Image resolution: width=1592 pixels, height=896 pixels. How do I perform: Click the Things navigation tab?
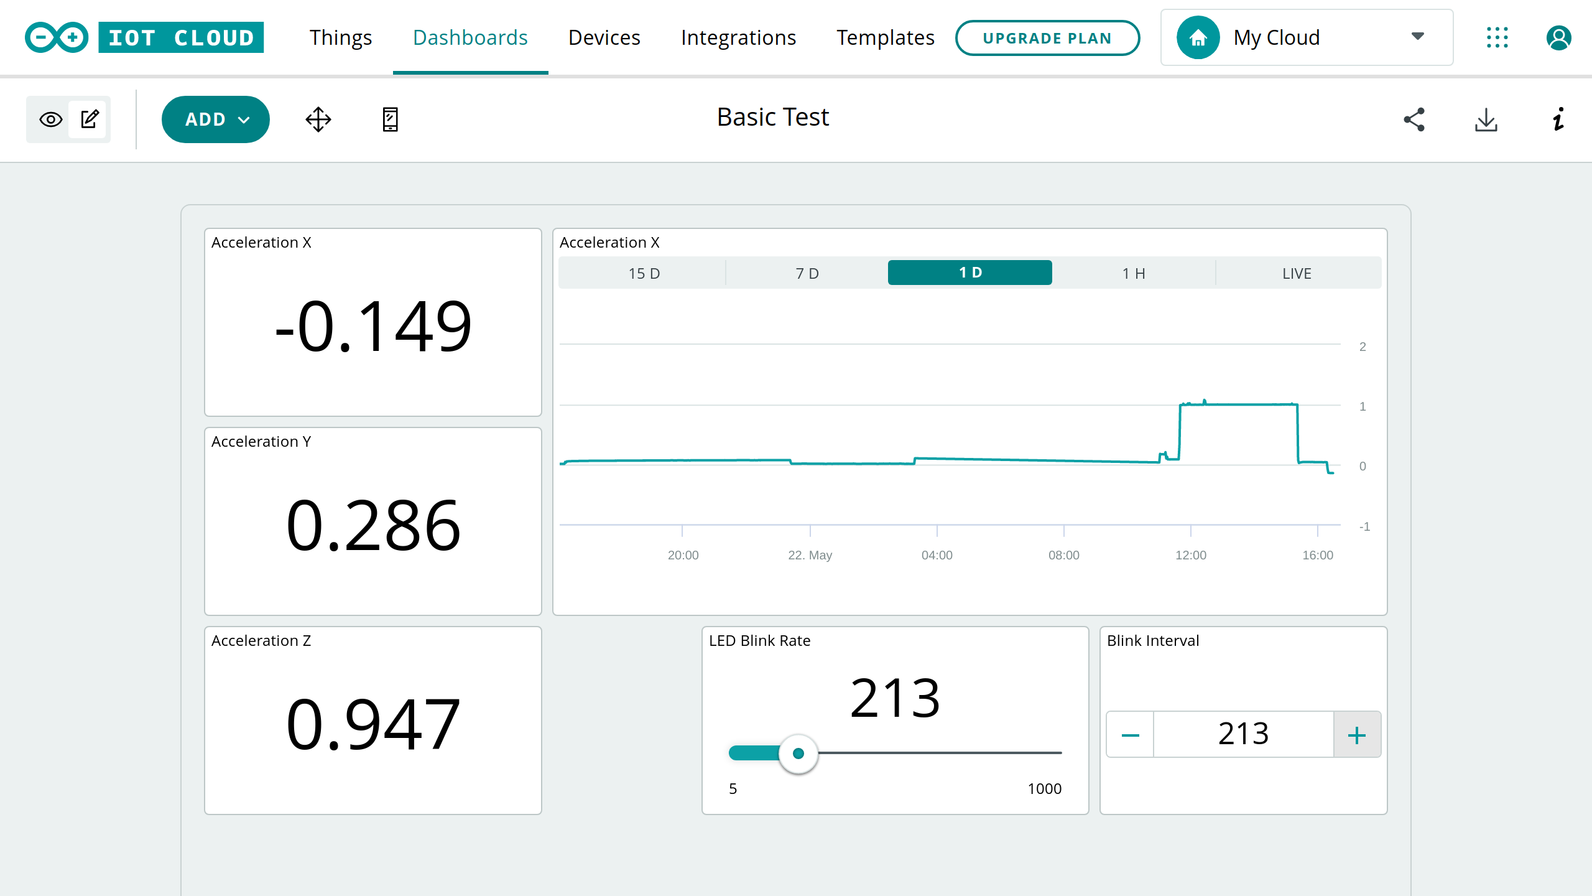pyautogui.click(x=341, y=37)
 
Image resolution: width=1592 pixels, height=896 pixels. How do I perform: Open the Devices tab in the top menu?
pyautogui.click(x=604, y=37)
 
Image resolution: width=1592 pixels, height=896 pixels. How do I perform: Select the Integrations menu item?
pyautogui.click(x=738, y=37)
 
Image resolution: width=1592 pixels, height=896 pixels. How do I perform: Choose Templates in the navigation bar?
pyautogui.click(x=885, y=37)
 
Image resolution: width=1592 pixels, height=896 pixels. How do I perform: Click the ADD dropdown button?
pyautogui.click(x=215, y=119)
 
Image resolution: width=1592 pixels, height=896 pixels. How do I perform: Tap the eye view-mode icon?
pyautogui.click(x=51, y=119)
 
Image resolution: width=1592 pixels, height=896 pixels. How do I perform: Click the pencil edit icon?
pyautogui.click(x=90, y=119)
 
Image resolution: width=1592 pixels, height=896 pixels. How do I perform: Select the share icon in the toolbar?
pyautogui.click(x=1414, y=119)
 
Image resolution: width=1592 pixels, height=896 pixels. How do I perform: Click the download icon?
pyautogui.click(x=1486, y=119)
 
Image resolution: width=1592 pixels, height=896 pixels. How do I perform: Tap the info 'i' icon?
pyautogui.click(x=1558, y=119)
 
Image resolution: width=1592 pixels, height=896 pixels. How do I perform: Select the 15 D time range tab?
pyautogui.click(x=644, y=273)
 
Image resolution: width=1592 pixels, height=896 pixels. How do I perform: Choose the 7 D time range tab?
pyautogui.click(x=807, y=273)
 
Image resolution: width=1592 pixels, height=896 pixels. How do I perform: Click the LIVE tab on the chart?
pyautogui.click(x=1297, y=273)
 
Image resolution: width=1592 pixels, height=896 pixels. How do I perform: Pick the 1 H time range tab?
pyautogui.click(x=1134, y=273)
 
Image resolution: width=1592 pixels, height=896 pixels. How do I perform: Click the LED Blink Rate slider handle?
pyautogui.click(x=798, y=754)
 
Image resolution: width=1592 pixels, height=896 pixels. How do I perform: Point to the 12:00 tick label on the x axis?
pyautogui.click(x=1190, y=555)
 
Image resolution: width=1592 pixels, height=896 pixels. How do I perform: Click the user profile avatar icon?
pyautogui.click(x=1558, y=37)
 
